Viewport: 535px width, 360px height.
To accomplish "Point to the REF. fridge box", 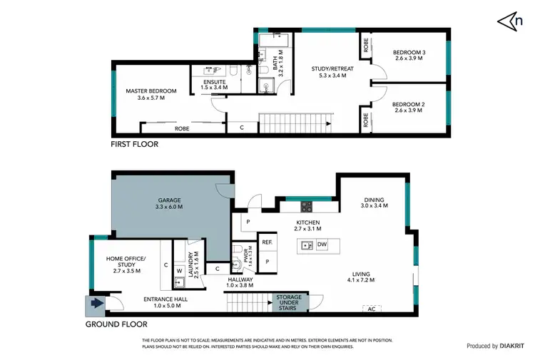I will pos(267,242).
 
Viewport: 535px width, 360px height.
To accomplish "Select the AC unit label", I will pos(370,309).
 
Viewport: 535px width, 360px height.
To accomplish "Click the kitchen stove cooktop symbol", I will pos(306,207).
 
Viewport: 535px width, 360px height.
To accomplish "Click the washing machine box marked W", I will pos(180,271).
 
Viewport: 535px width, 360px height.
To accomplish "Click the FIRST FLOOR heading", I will pos(134,144).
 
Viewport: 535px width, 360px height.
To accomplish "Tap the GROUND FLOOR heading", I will pos(116,323).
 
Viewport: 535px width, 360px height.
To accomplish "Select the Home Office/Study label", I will pos(126,262).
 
